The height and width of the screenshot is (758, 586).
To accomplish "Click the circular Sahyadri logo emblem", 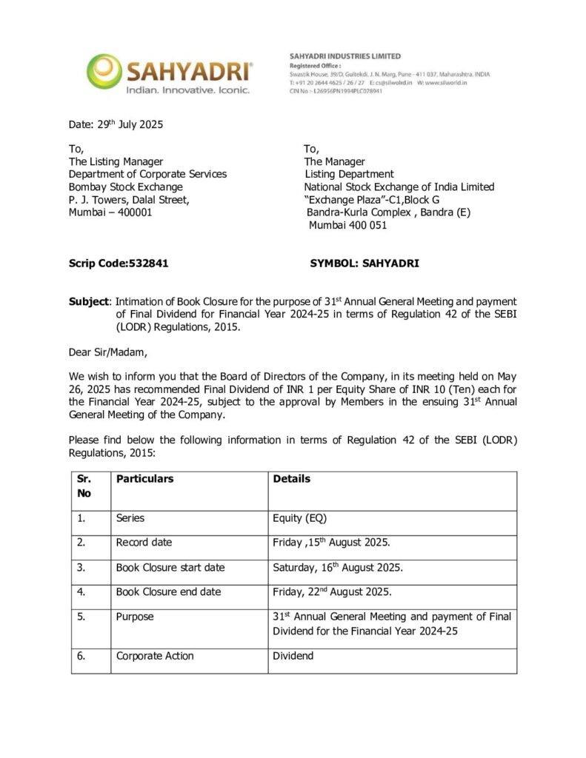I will [x=104, y=71].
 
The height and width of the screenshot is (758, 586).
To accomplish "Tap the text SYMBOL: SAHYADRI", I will [x=364, y=263].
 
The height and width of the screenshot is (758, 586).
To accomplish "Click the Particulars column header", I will [x=144, y=479].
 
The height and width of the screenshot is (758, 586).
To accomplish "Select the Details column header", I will [x=292, y=479].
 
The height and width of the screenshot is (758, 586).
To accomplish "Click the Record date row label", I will [x=144, y=543].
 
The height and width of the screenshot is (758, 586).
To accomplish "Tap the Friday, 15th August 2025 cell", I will [x=331, y=543].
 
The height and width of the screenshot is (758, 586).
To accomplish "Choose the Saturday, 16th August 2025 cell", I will [x=337, y=567].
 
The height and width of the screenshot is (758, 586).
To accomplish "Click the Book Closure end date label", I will [x=168, y=592].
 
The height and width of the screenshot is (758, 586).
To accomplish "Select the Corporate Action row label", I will [x=155, y=656].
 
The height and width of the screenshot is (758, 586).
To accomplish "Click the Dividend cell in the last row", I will [x=293, y=656].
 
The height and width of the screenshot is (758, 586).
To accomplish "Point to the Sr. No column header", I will [x=84, y=486].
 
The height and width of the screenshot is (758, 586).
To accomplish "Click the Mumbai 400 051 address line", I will [x=347, y=225].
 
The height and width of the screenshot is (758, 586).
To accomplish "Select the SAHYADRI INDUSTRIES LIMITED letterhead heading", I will [x=344, y=56].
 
